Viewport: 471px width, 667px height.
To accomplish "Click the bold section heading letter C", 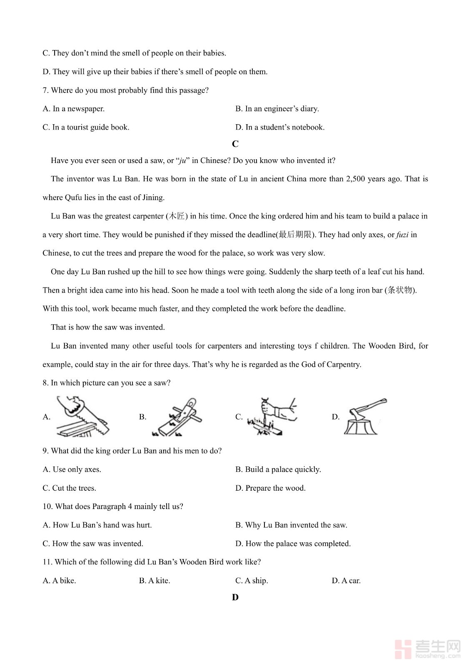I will [235, 144].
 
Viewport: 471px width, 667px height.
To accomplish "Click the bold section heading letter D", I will [235, 597].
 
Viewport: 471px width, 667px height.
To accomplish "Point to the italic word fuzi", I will [402, 235].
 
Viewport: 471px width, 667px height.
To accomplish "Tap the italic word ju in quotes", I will [182, 161].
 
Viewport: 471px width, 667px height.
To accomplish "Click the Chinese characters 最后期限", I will [295, 235].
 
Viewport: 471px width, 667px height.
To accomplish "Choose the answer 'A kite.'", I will [155, 581].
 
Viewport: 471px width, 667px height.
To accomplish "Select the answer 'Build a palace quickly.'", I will [278, 469].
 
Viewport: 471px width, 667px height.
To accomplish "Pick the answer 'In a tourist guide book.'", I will [86, 127].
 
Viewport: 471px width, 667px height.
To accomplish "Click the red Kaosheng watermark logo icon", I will [403, 649].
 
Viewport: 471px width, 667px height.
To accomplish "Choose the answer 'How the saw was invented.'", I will [93, 544].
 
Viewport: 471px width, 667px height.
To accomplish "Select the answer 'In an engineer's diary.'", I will [277, 109].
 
